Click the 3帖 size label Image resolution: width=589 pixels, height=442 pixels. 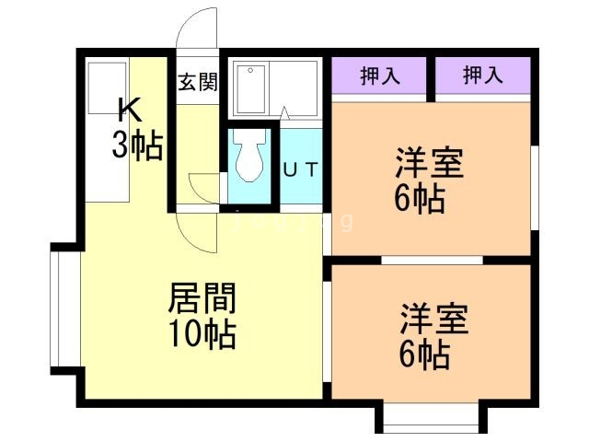pos(138,145)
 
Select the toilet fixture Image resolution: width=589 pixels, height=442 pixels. pos(248,157)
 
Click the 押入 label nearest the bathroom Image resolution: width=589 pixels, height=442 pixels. pos(379,76)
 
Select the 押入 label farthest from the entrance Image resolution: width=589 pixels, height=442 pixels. pos(482,76)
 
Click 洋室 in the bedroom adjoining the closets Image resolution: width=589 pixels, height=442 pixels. pos(428,163)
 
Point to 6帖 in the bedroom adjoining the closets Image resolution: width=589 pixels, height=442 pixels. pos(420,197)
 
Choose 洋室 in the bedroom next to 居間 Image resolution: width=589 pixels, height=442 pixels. pos(433,318)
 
